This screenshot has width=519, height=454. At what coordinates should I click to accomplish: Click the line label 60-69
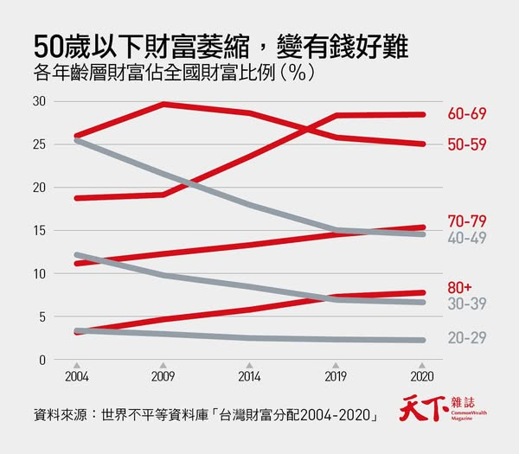point(467,114)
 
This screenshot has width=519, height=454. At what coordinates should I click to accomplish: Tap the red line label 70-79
point(467,221)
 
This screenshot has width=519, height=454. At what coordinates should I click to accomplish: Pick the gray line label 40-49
point(467,236)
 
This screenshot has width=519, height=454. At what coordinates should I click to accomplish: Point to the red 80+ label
point(462,287)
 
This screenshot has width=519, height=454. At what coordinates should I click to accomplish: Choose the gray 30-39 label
point(467,304)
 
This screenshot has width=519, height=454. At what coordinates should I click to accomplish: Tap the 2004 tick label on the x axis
point(76,378)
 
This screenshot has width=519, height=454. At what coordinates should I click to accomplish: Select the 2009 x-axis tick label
point(163,378)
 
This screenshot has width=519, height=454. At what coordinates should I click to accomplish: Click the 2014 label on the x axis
point(249,378)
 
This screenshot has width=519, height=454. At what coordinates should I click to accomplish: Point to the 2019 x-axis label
point(336,378)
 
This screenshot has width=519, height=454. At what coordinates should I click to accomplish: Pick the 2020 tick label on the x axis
point(422,378)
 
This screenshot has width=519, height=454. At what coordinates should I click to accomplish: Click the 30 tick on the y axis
point(37,101)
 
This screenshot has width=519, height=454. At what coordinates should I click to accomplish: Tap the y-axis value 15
point(37,231)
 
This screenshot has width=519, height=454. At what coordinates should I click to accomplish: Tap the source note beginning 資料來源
point(203,414)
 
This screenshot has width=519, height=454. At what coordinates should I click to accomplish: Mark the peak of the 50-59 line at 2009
point(163,105)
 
